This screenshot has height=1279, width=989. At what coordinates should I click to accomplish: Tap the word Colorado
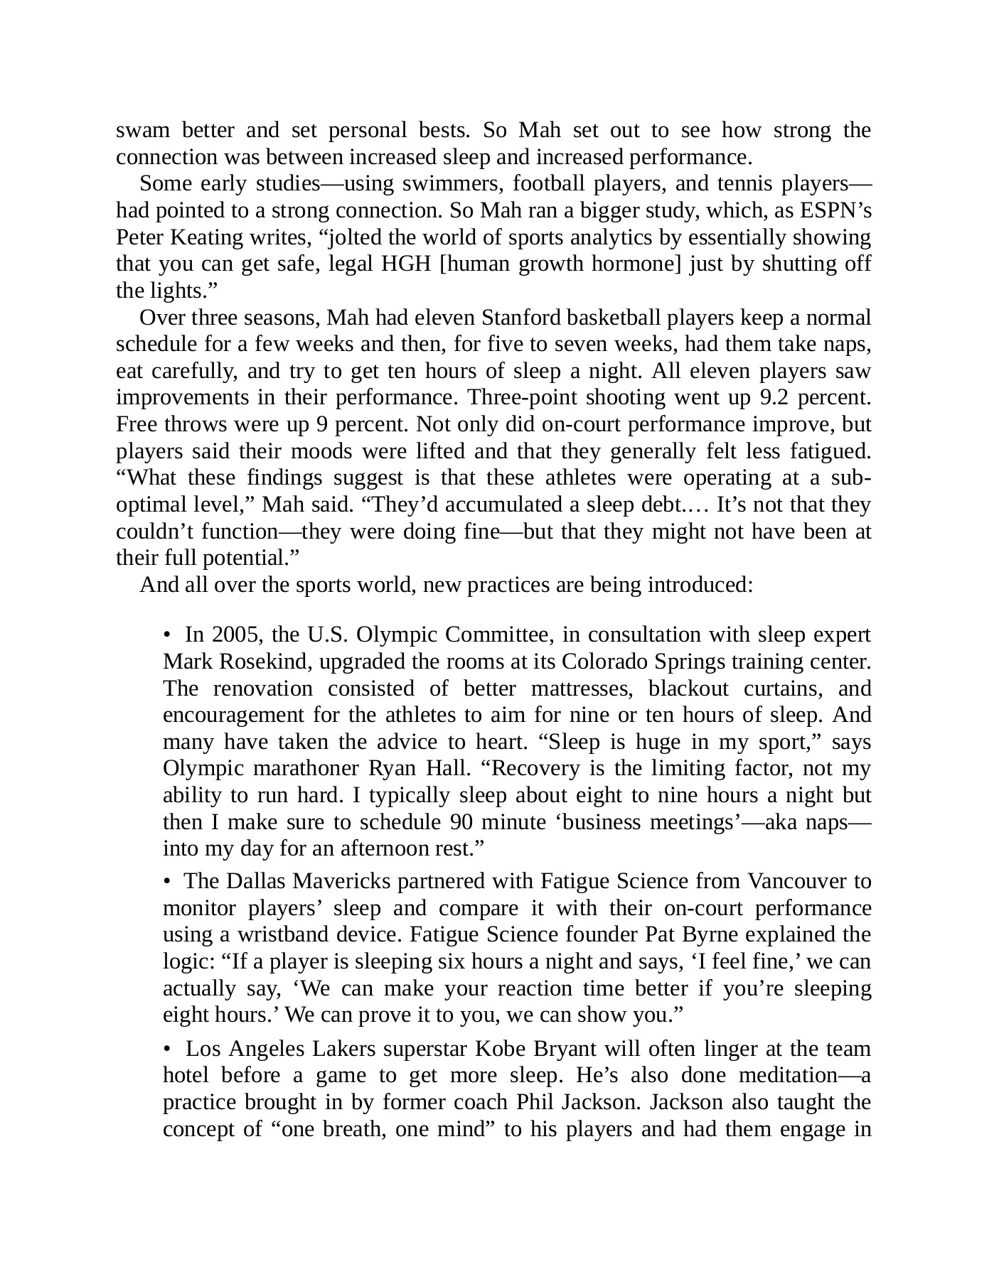[x=595, y=662]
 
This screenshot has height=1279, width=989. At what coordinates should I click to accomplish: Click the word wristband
[x=279, y=934]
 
